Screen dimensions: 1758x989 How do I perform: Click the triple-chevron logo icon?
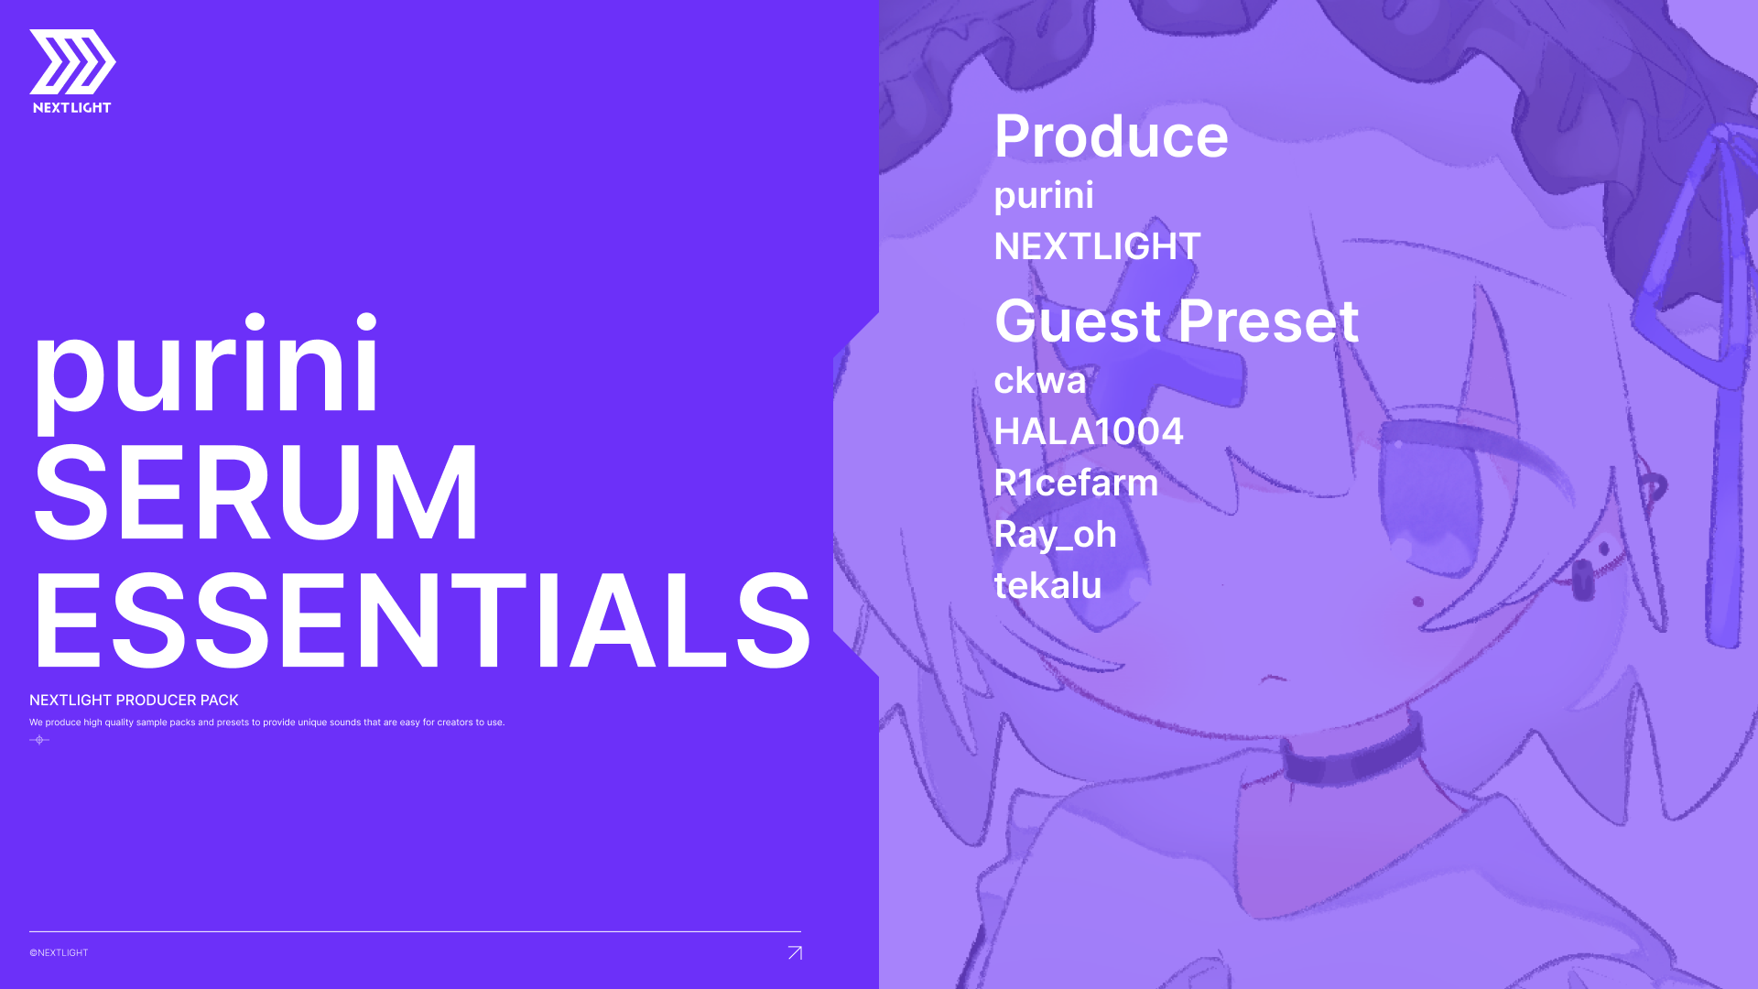[x=72, y=61]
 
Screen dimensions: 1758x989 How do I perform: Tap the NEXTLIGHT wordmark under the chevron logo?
[x=72, y=108]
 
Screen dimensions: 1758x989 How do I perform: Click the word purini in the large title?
[x=206, y=366]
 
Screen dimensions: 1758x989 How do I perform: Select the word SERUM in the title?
[x=255, y=493]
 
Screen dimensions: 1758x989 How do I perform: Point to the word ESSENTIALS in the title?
[x=422, y=620]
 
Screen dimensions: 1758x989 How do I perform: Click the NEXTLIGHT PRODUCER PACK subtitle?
[x=134, y=701]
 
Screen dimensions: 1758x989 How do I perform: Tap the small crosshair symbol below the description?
[x=39, y=740]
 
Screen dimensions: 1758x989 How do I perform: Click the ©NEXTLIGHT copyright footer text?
[x=59, y=953]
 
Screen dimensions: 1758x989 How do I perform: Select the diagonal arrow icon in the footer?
[x=795, y=953]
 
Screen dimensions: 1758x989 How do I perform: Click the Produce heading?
[x=1112, y=136]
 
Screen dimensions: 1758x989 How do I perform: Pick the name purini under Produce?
[x=1044, y=196]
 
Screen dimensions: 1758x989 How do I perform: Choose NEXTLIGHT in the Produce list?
[x=1097, y=246]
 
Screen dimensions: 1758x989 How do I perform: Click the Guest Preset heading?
[x=1177, y=321]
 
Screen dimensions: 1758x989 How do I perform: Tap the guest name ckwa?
[x=1040, y=380]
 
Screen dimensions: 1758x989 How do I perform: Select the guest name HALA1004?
[x=1089, y=431]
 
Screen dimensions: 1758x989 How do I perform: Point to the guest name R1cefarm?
[x=1076, y=483]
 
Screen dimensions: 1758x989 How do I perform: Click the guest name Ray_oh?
[x=1055, y=535]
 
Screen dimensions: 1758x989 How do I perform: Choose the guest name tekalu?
[x=1047, y=585]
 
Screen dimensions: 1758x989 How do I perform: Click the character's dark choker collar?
[x=1352, y=754]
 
